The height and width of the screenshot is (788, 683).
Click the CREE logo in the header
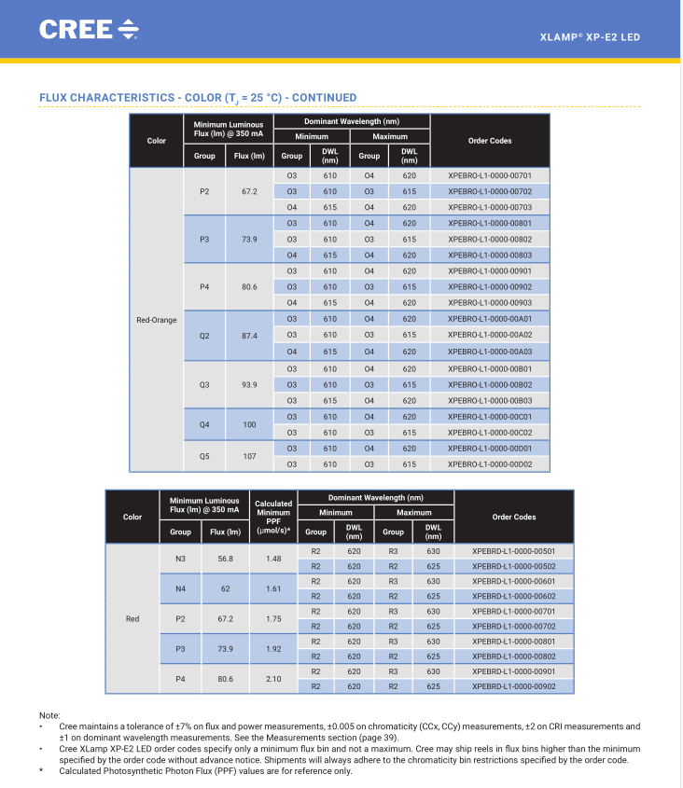pos(89,29)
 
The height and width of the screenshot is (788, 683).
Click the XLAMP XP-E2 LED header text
pos(590,37)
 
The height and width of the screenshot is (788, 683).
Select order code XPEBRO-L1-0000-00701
pos(489,175)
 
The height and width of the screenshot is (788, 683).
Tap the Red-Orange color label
pos(157,320)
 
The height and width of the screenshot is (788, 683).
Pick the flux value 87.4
pos(249,336)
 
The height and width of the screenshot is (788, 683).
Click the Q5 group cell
pos(204,456)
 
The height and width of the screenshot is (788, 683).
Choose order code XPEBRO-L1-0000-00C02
pos(489,433)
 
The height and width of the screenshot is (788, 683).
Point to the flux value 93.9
pos(249,385)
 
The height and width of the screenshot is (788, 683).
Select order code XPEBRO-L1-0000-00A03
pos(489,352)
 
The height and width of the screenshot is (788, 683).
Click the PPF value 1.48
pos(273,559)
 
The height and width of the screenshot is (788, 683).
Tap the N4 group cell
pos(181,589)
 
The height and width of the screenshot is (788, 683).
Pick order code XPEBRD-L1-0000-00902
pos(513,686)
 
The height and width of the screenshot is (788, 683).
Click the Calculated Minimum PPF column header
pos(273,517)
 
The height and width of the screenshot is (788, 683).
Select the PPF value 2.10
pos(273,679)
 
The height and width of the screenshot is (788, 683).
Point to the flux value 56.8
pos(225,559)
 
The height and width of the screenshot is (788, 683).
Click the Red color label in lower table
pos(132,619)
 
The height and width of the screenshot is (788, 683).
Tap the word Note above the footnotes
pos(49,715)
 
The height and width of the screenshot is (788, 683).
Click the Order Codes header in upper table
pos(490,141)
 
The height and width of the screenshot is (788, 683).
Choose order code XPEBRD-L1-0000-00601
pos(513,582)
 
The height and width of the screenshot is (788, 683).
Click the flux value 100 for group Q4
pos(249,424)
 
